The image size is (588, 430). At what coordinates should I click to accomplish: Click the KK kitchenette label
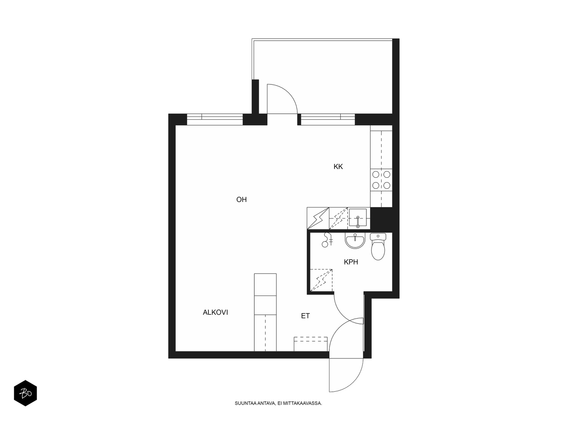tap(338, 167)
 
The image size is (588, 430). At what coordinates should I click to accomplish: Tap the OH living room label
tap(241, 200)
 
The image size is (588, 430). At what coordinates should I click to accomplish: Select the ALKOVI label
tap(215, 312)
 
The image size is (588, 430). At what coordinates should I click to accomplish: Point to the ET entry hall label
tap(305, 316)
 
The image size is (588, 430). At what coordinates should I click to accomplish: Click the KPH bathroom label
tap(351, 262)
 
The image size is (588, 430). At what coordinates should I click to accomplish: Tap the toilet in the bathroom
tap(378, 246)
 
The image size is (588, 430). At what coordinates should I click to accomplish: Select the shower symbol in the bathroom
tap(327, 240)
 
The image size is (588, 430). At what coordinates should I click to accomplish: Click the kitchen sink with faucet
tap(358, 218)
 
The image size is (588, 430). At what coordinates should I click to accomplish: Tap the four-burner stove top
tap(381, 180)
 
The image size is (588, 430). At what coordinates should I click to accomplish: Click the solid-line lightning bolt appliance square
tap(318, 218)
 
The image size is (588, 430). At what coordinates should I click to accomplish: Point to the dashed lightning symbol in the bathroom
tap(321, 281)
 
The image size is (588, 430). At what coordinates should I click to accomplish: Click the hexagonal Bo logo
tap(25, 393)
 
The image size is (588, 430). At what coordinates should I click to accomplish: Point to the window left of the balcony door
tap(215, 119)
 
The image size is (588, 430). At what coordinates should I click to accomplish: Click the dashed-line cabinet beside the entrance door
tap(311, 344)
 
